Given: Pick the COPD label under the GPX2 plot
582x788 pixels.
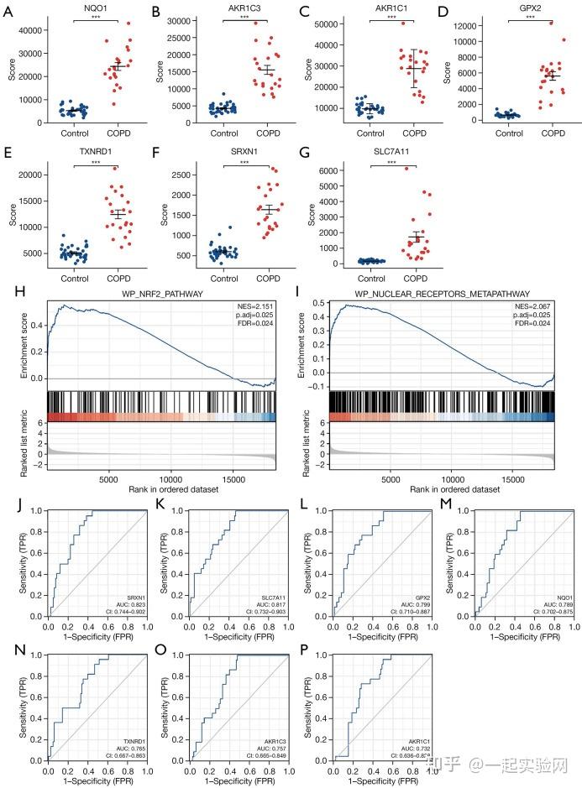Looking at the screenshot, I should pyautogui.click(x=551, y=133).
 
